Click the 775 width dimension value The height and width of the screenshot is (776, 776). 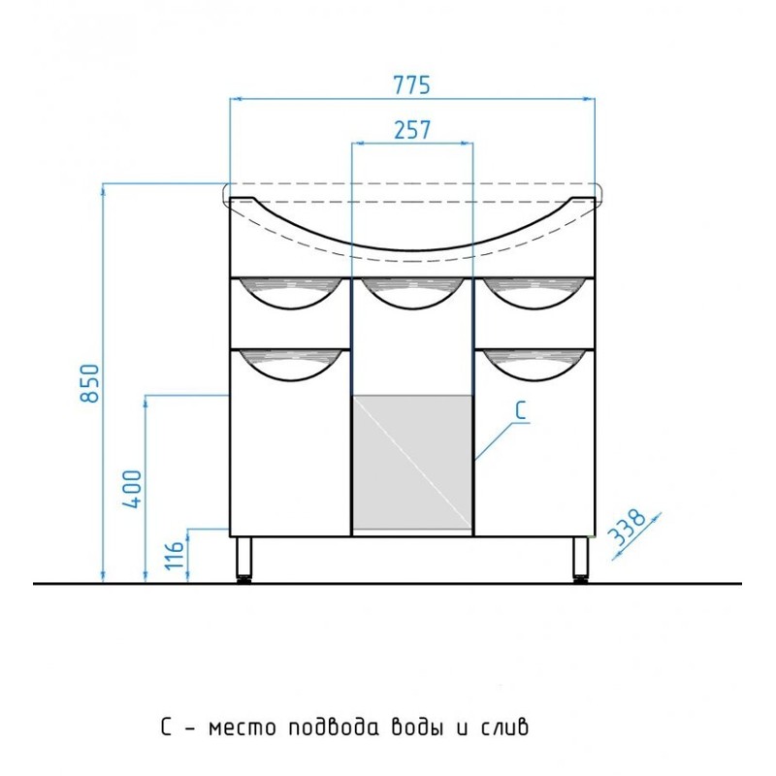(x=411, y=84)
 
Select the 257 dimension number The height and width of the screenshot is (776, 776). (x=412, y=130)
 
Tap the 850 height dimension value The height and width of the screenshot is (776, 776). (x=90, y=383)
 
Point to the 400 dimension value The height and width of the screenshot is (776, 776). (x=132, y=489)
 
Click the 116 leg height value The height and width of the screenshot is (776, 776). (x=175, y=556)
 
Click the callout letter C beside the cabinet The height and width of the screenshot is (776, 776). (x=521, y=410)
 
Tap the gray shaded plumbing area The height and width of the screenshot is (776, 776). (x=412, y=462)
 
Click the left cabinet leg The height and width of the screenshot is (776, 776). (x=243, y=560)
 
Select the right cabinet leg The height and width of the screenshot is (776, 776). (x=581, y=560)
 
